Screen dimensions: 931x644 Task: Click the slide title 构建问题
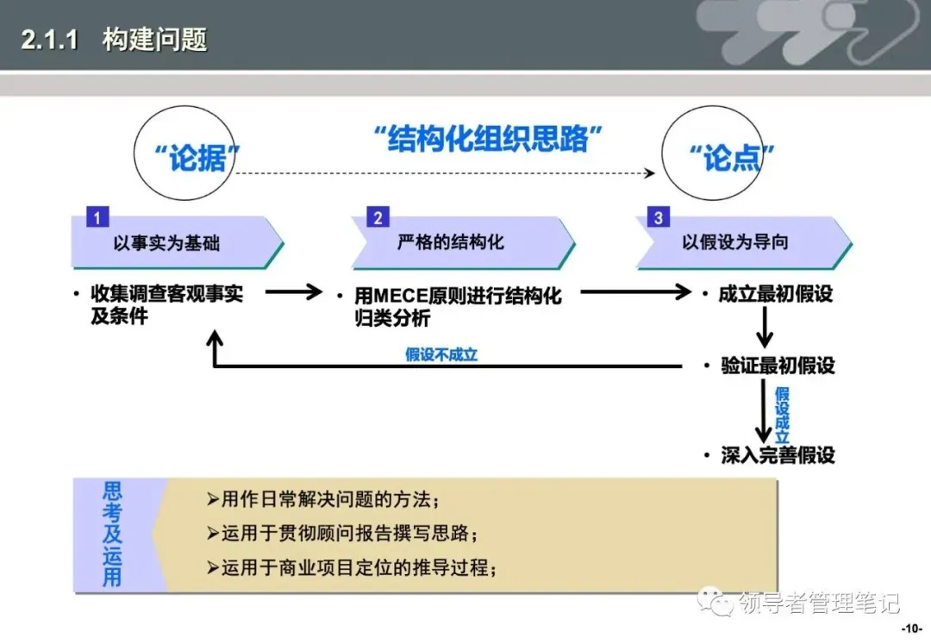click(155, 40)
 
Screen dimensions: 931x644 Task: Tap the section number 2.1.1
click(50, 41)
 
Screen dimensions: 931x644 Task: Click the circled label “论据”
click(197, 159)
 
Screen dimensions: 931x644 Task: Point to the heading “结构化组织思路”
click(487, 139)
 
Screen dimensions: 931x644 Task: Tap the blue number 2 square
click(378, 218)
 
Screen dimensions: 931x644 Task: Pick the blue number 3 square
click(659, 217)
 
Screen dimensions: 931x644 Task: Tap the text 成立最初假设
click(776, 294)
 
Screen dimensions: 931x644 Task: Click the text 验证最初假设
click(778, 366)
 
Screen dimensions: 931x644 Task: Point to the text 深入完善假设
click(778, 455)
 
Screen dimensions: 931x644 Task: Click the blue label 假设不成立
click(441, 354)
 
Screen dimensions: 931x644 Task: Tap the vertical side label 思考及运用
click(112, 535)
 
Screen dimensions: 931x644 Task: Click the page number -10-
click(911, 628)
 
